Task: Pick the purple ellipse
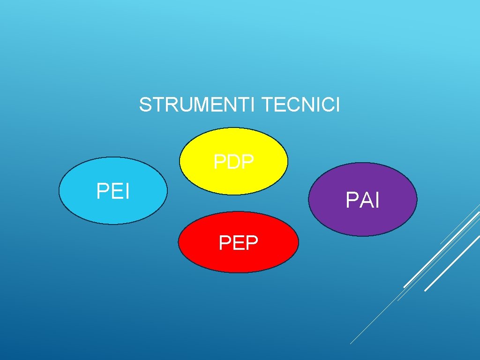coord(362,220)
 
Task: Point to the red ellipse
coord(238,260)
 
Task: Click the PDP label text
coord(234,162)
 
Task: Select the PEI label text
coord(113,191)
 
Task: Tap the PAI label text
coord(362,201)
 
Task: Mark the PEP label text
coord(238,243)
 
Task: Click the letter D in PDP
coord(234,162)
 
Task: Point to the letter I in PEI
coord(127,191)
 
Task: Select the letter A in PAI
coord(363,201)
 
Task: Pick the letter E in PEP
coord(238,243)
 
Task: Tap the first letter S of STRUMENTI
coord(145,105)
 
